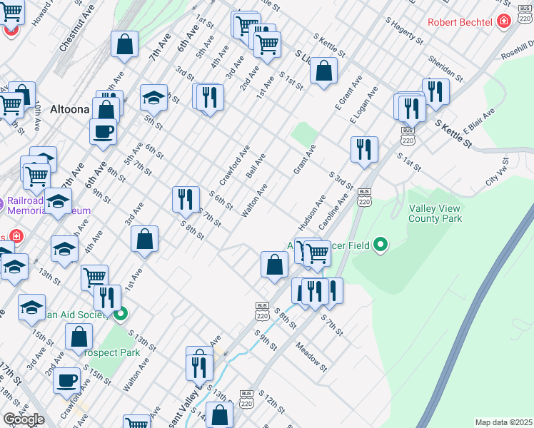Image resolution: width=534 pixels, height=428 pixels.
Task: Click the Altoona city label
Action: tap(69, 110)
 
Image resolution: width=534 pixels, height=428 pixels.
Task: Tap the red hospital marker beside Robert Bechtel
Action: tap(505, 22)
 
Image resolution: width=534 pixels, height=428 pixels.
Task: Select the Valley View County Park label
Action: tap(435, 213)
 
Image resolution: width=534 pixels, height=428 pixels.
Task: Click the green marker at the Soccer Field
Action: tap(380, 246)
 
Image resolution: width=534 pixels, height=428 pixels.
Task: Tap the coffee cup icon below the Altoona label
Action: tap(103, 131)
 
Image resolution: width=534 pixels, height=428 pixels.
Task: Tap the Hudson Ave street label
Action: tap(312, 212)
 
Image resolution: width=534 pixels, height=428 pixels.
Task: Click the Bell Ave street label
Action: tap(255, 165)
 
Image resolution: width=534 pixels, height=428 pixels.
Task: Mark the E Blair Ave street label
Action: tap(478, 125)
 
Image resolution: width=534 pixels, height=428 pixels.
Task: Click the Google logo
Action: tap(24, 419)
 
